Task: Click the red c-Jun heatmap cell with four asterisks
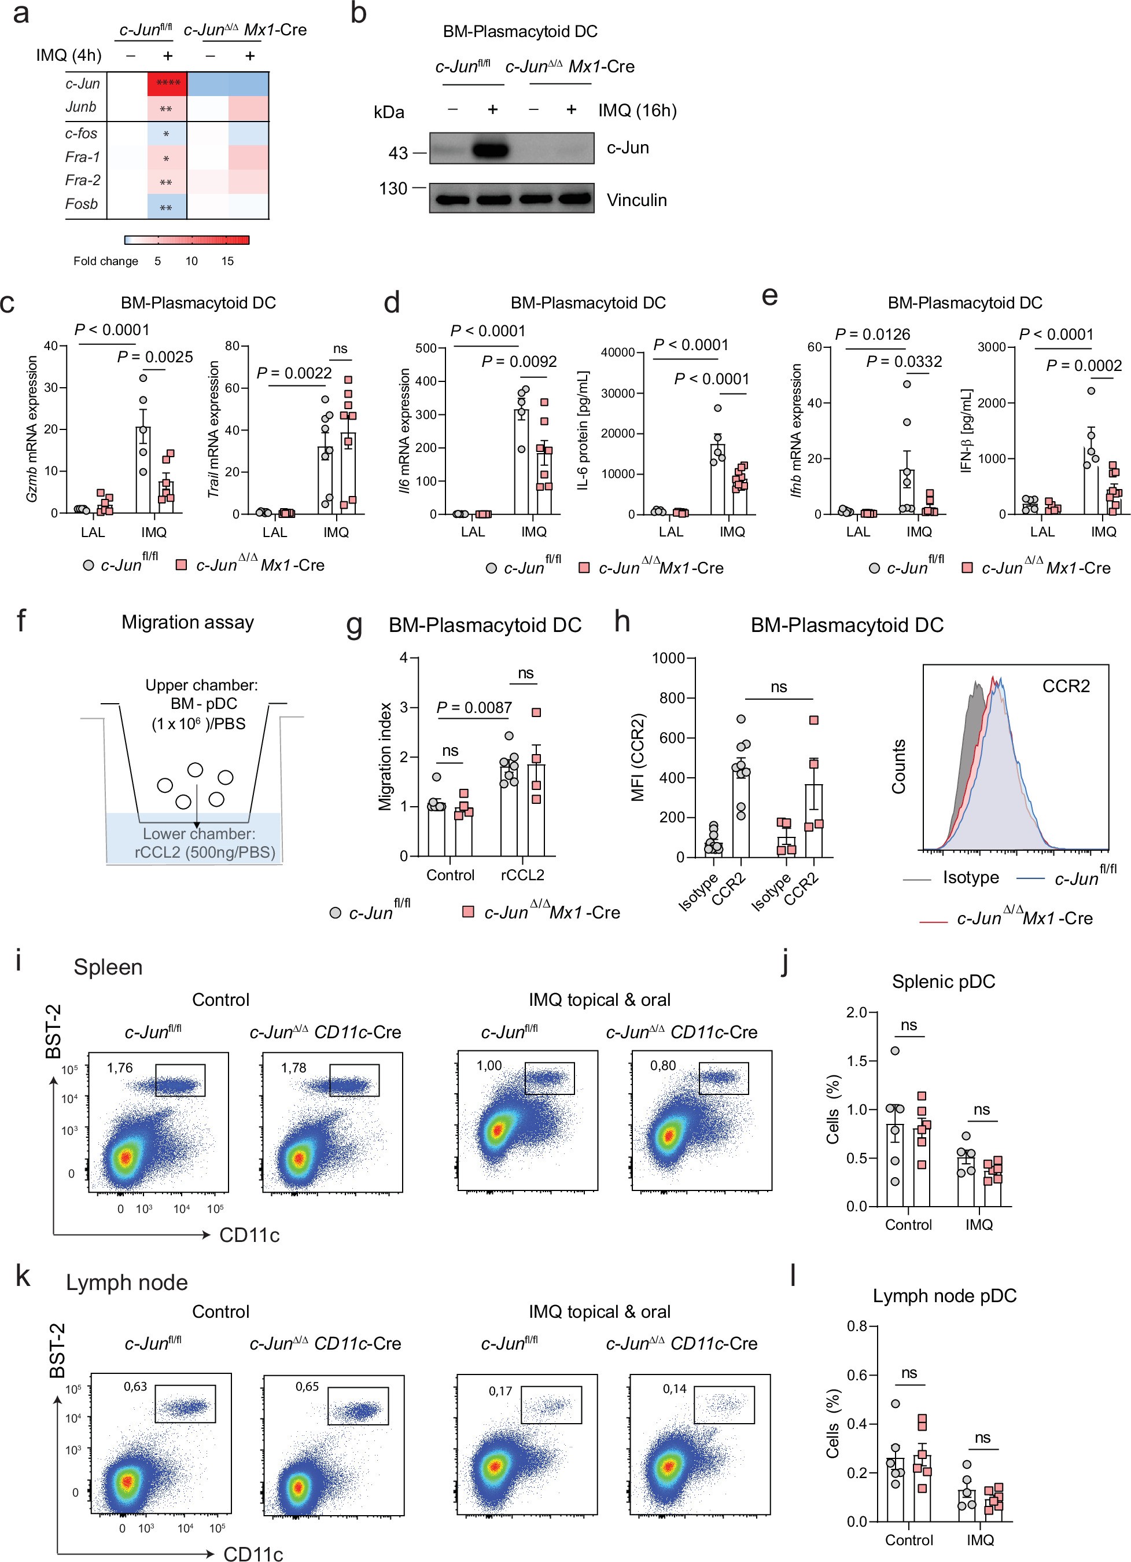pos(167,83)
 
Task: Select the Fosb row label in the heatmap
pos(81,204)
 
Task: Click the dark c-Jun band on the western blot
pos(490,149)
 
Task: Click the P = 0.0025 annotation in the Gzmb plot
pos(155,356)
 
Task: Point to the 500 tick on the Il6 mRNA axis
pos(426,348)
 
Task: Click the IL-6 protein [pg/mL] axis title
pos(584,431)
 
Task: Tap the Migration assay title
pos(187,622)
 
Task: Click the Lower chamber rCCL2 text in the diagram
pos(199,843)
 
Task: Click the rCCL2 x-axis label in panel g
pos(522,874)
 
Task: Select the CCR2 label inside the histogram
pos(1065,686)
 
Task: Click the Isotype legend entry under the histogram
pos(970,877)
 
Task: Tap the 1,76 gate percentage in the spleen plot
pos(120,1068)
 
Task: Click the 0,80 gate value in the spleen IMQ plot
pos(663,1065)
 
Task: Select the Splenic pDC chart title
pos(943,982)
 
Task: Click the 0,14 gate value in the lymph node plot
pos(675,1388)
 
